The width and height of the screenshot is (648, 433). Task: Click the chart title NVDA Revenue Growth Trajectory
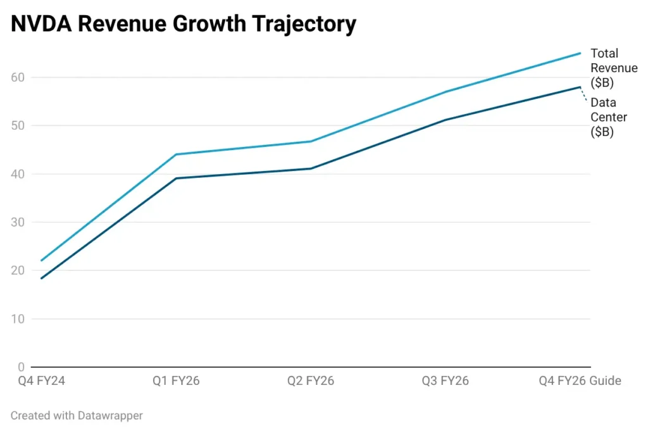[183, 24]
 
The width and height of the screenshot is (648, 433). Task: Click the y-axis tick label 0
[21, 367]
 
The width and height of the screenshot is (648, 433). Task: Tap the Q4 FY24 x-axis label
[41, 381]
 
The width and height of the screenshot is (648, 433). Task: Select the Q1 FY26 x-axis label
[176, 381]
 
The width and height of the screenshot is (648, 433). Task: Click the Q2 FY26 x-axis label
[311, 381]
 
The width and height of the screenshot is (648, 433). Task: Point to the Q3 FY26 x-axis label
[445, 381]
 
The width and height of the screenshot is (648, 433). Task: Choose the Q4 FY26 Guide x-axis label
[580, 381]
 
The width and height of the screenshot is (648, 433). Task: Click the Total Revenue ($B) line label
[613, 68]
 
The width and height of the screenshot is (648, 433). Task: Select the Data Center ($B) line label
[609, 117]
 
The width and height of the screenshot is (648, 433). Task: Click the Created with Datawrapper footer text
[77, 416]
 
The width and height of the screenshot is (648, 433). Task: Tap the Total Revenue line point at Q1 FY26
[176, 154]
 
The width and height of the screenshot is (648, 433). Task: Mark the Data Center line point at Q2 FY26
[311, 168]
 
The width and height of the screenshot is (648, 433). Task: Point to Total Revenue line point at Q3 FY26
[445, 92]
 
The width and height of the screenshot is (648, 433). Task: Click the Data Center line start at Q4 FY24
[41, 278]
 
